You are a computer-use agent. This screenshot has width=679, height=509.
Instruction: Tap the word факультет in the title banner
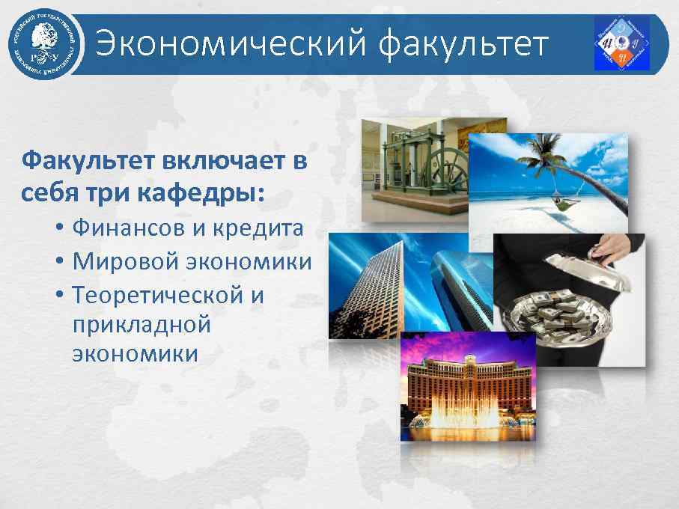(463, 43)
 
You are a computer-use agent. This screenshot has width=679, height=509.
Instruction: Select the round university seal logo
(43, 43)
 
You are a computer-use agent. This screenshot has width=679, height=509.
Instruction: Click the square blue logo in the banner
(621, 43)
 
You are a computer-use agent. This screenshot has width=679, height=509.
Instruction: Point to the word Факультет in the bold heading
(88, 161)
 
